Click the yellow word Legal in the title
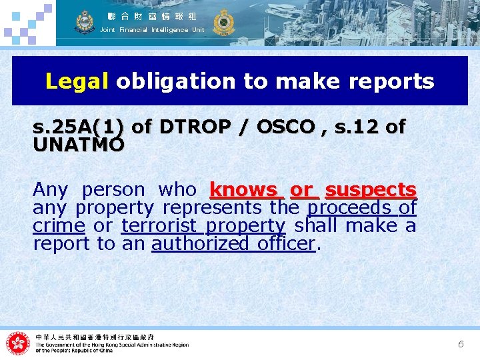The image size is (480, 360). click(77, 82)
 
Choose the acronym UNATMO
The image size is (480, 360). click(79, 144)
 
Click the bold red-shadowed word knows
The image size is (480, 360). click(243, 190)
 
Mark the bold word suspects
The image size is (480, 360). click(371, 190)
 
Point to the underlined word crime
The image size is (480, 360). click(59, 226)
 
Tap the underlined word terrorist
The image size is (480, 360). click(160, 226)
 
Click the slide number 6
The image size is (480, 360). click(460, 344)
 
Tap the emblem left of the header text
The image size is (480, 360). click(85, 22)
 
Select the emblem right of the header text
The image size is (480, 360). click(222, 22)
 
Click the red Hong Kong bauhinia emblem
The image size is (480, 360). click(19, 343)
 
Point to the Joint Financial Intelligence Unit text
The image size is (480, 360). click(152, 30)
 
